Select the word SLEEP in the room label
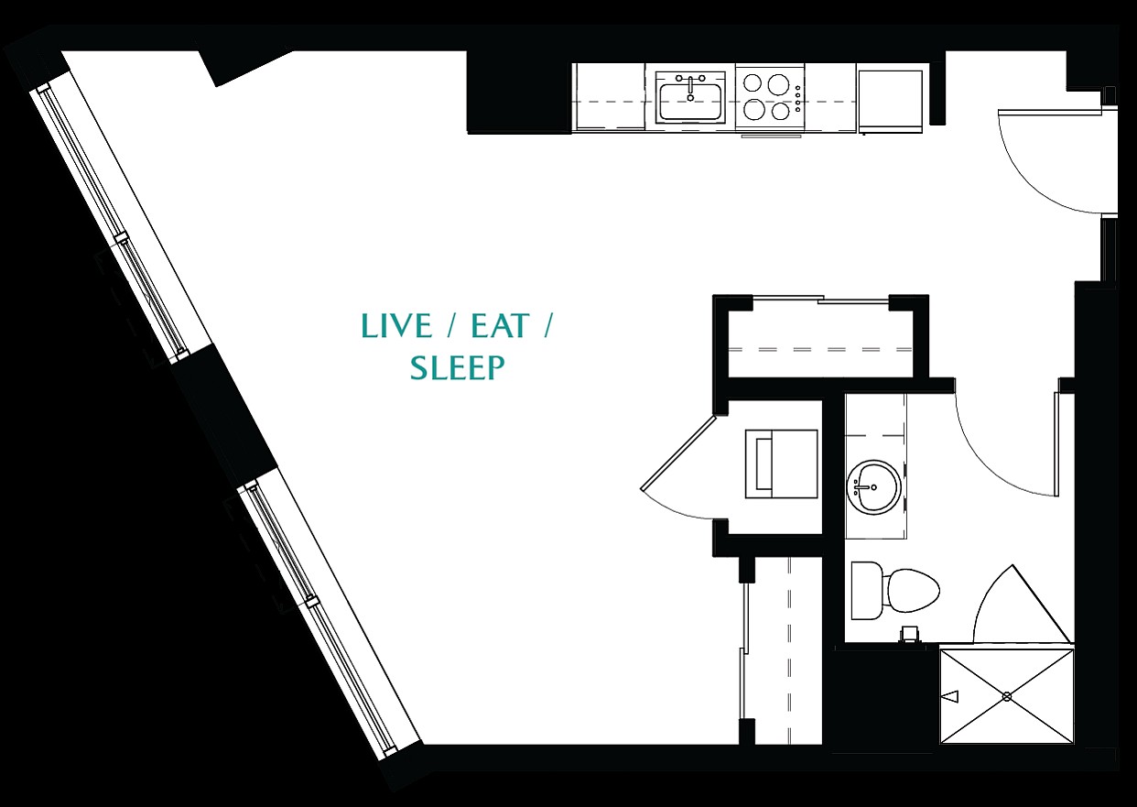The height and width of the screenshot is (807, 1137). [x=458, y=367]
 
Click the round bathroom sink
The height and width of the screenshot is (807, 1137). [x=873, y=488]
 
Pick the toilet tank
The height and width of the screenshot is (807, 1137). [x=865, y=591]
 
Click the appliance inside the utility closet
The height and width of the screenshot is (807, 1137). [x=781, y=463]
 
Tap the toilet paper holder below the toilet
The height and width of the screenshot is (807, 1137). [x=908, y=636]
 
